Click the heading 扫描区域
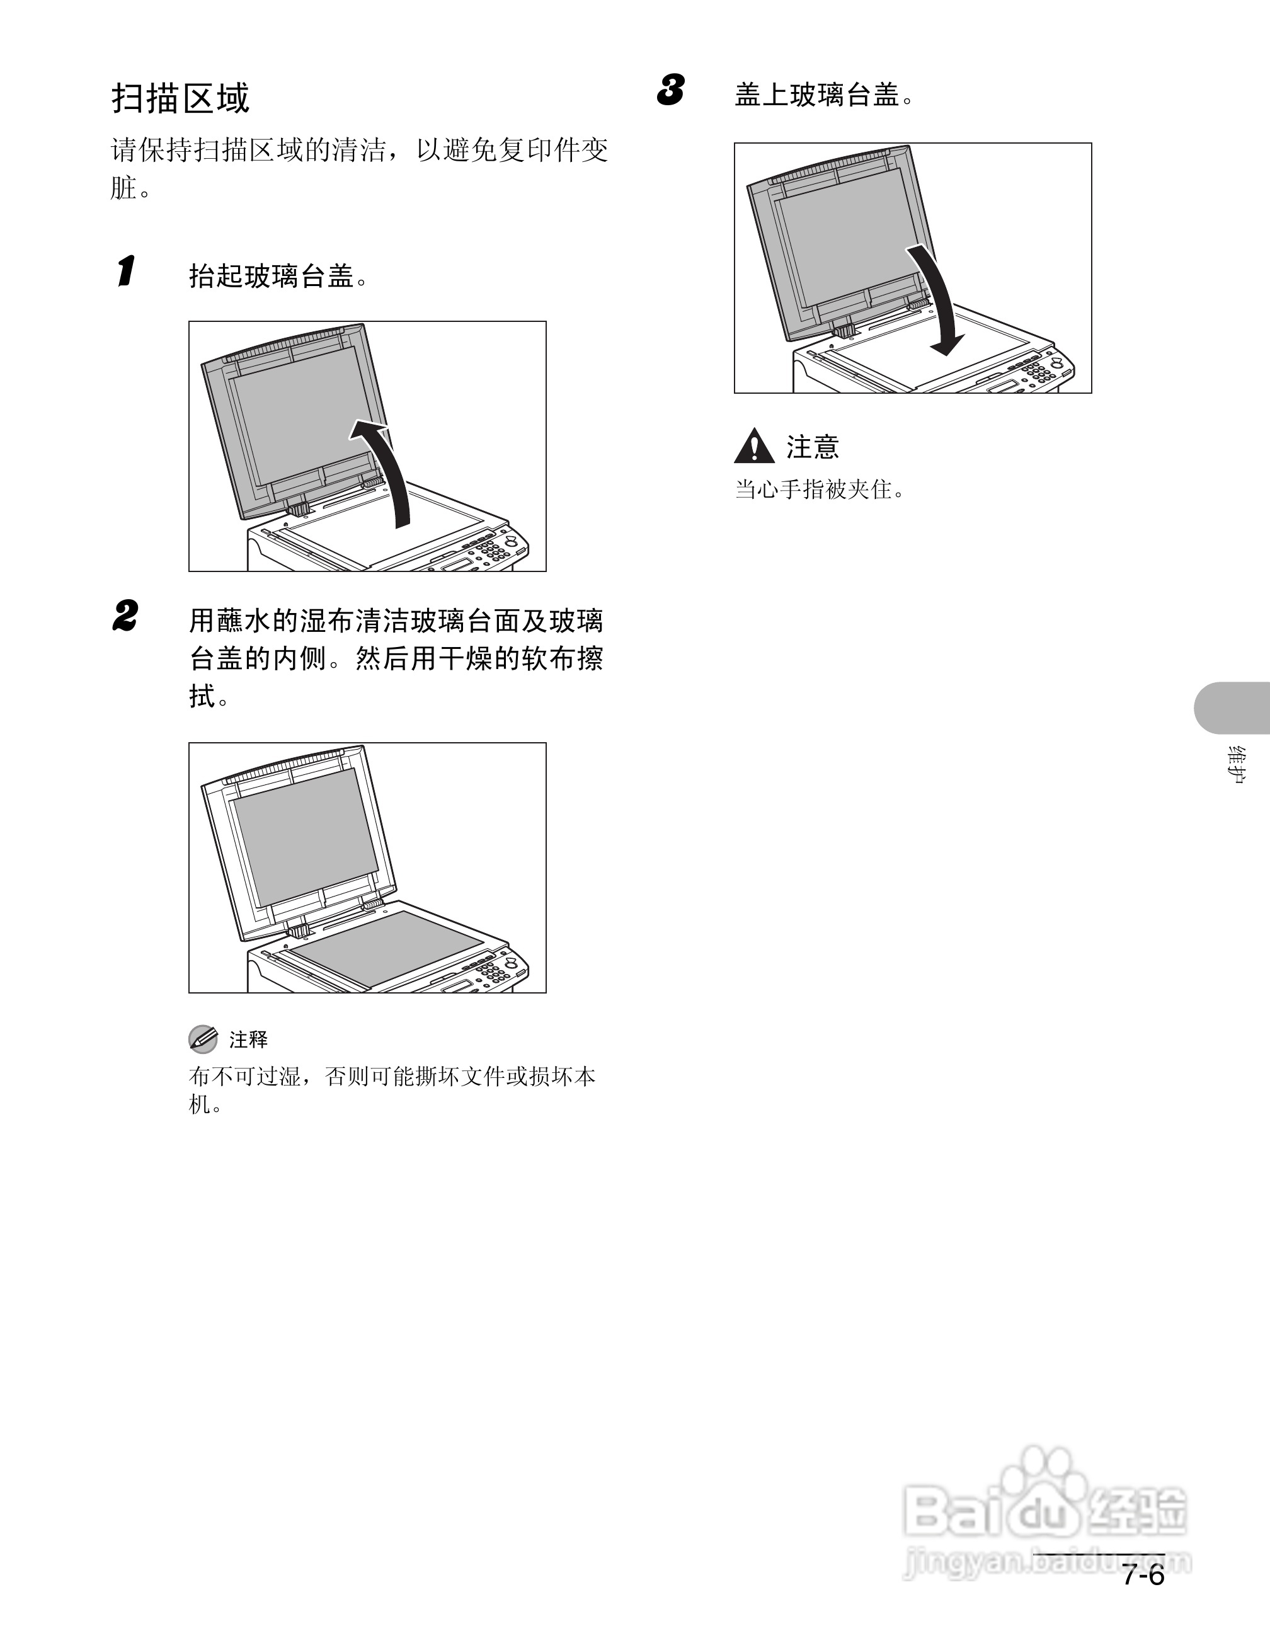(180, 98)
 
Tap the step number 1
(127, 271)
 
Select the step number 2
(125, 617)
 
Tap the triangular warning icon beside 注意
(754, 447)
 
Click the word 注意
(813, 447)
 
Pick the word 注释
(248, 1040)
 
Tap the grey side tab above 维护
(1232, 708)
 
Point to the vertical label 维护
(1237, 764)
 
